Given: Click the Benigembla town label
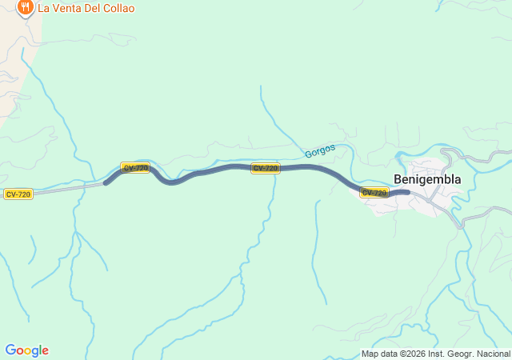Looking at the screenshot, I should [x=427, y=179].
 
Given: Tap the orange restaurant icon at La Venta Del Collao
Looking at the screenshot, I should [x=25, y=8].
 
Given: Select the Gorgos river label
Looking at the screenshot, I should [x=319, y=150].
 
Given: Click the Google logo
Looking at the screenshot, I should [x=26, y=350].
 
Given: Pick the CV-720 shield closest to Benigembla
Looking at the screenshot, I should [x=374, y=192].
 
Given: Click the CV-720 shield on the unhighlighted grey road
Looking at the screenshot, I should [x=18, y=194].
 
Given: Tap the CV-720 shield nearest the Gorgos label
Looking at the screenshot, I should [x=266, y=168].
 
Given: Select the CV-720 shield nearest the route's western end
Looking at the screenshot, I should [x=135, y=168].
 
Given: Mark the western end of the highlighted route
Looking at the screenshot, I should [x=106, y=183].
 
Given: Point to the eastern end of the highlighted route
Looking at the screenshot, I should [x=407, y=192].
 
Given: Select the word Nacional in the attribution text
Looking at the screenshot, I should [x=493, y=354].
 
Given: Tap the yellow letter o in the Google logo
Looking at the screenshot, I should [x=27, y=350].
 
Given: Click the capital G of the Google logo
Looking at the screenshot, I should [x=10, y=350].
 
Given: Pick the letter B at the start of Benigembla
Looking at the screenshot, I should [x=398, y=179].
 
